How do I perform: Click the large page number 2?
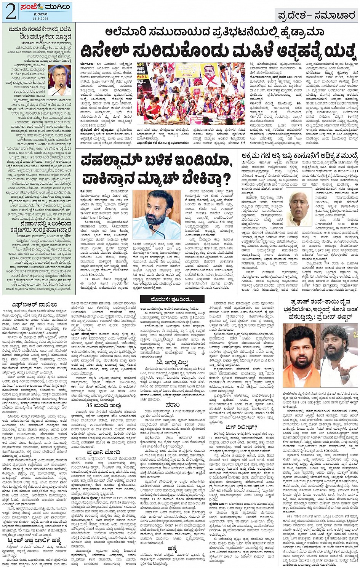pos(11,12)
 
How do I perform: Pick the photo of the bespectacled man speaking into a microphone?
pos(59,80)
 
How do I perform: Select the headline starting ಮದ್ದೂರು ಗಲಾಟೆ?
pos(38,33)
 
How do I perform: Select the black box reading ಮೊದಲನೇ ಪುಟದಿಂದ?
pos(172,299)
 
